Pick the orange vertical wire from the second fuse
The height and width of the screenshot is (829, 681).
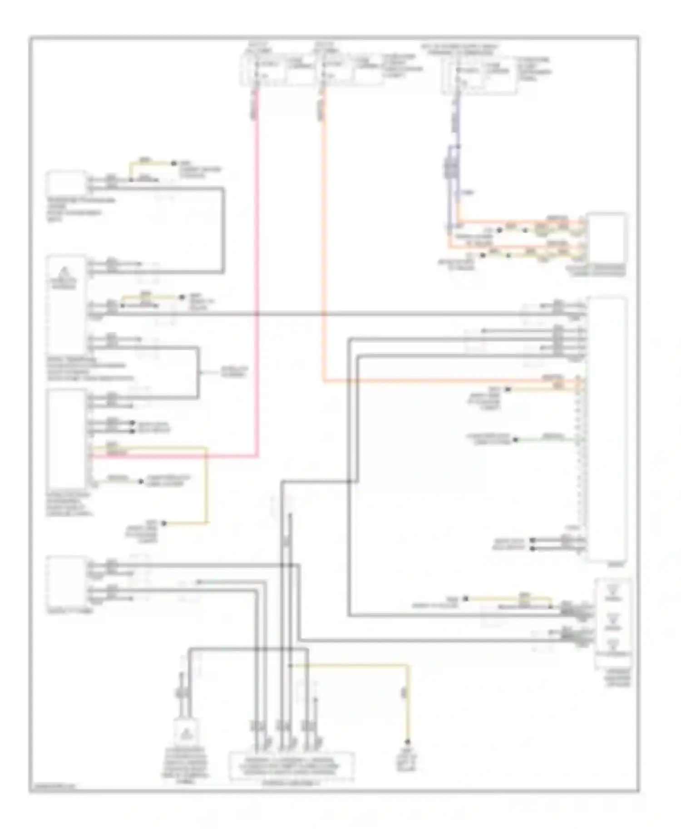coord(323,227)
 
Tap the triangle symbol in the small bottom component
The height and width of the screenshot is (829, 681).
coord(186,733)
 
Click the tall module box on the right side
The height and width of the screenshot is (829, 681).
coord(607,429)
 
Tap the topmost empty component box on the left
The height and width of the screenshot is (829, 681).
coord(66,182)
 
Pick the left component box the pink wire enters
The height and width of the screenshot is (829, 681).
coord(66,438)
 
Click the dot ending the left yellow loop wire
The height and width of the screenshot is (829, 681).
coord(164,523)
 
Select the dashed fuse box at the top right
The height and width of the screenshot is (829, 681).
coord(479,75)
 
